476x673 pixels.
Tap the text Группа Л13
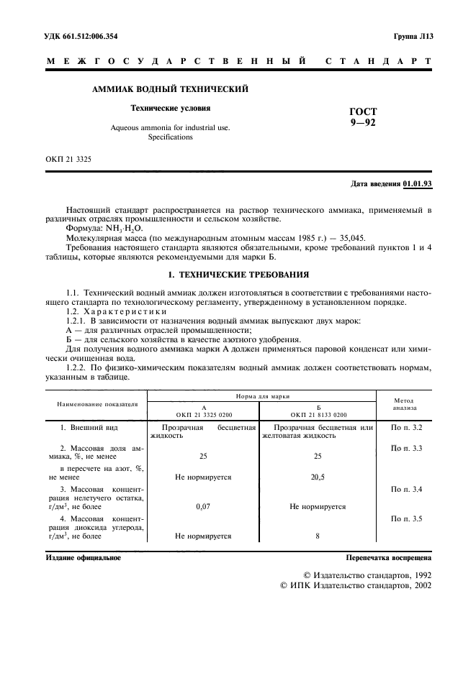click(413, 36)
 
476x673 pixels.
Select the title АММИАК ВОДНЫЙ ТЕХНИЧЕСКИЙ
click(171, 89)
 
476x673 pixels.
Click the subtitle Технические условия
click(170, 109)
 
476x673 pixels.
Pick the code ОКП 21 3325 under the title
click(68, 157)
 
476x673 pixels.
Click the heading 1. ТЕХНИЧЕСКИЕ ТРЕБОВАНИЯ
click(238, 274)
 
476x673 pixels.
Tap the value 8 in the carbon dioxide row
click(318, 536)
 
